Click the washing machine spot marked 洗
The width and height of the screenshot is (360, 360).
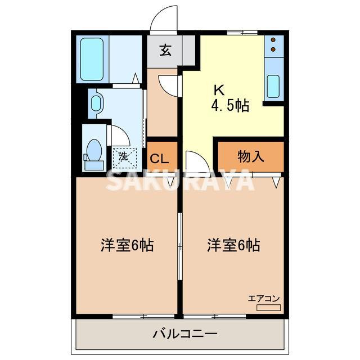pos(123,155)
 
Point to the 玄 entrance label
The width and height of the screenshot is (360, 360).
pos(164,50)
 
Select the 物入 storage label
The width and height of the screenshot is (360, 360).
pos(251,156)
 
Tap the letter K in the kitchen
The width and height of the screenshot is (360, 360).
pos(218,89)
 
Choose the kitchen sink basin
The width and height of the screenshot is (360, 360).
pos(272,85)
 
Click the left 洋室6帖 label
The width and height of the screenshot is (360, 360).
pos(127,245)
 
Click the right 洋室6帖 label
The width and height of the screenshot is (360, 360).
pos(233,245)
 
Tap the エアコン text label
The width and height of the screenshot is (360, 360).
pos(264,298)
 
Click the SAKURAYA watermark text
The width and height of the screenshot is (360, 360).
pos(180,180)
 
